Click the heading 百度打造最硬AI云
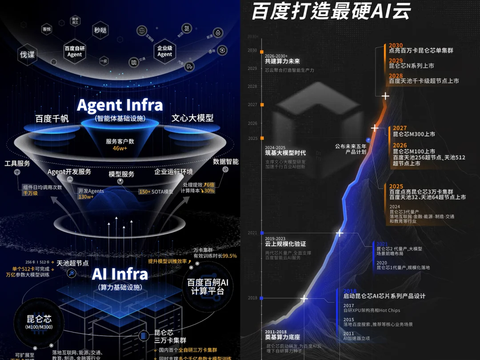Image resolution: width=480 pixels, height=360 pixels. tap(331, 11)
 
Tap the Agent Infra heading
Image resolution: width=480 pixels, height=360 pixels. tap(120, 105)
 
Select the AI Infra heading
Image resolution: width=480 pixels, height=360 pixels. tap(120, 274)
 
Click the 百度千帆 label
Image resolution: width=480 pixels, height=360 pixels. tap(52, 119)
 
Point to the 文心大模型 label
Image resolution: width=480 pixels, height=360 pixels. tap(192, 118)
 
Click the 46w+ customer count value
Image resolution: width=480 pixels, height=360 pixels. tap(120, 148)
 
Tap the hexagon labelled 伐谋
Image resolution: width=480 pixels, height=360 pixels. tap(27, 55)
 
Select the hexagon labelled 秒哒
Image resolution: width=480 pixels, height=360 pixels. tap(100, 30)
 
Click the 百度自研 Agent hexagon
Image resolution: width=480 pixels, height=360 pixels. tap(75, 51)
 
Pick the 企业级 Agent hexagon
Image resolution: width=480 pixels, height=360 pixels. tap(164, 51)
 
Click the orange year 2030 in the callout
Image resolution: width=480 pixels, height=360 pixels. tap(396, 45)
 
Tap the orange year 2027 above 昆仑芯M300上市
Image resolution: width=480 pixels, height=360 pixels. tap(400, 128)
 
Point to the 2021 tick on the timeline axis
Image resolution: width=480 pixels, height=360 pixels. tap(262, 233)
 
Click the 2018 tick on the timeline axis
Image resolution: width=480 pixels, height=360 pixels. tap(262, 298)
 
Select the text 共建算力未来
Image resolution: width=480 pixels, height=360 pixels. tap(282, 61)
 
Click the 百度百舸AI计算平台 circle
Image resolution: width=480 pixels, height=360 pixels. tap(207, 287)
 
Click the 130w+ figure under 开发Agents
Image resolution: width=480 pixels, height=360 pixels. tap(86, 196)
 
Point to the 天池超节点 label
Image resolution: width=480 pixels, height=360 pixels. tap(72, 263)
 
